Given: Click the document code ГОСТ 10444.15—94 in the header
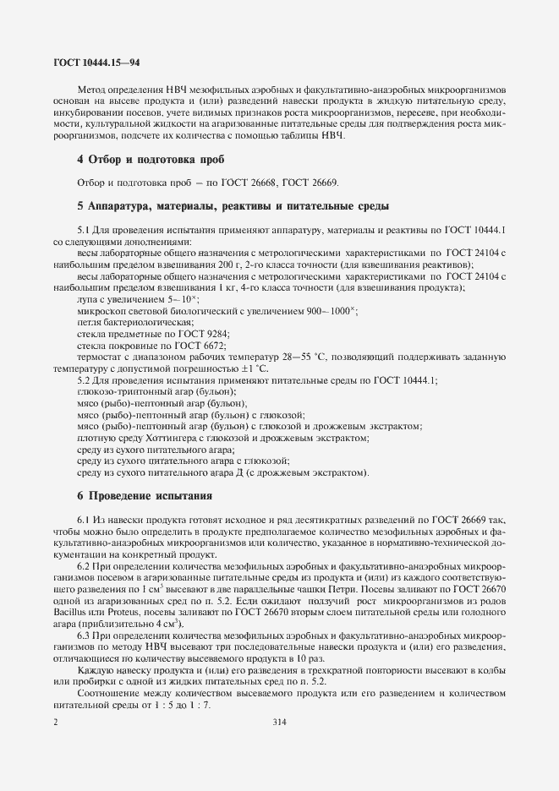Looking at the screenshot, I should pos(91,63).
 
